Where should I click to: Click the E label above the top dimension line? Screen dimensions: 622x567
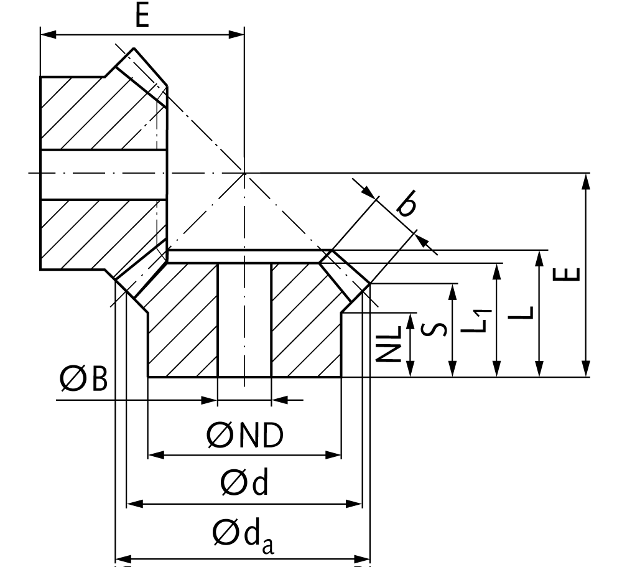[x=142, y=16]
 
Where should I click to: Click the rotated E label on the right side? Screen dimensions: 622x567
[x=567, y=274]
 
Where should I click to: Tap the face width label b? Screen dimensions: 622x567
[x=407, y=203]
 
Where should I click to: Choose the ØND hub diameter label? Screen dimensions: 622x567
[x=244, y=435]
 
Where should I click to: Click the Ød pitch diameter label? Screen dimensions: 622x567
[x=244, y=481]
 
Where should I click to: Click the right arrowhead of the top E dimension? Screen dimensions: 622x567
[x=237, y=35]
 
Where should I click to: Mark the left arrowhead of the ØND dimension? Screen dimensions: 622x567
[x=156, y=454]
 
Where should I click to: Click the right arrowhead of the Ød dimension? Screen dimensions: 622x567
[x=354, y=504]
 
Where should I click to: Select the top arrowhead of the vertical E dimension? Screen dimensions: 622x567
[x=586, y=182]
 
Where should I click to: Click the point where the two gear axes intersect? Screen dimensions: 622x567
[x=244, y=173]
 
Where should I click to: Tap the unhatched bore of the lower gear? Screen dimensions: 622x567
[x=244, y=320]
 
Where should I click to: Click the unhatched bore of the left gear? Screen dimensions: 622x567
[x=103, y=174]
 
